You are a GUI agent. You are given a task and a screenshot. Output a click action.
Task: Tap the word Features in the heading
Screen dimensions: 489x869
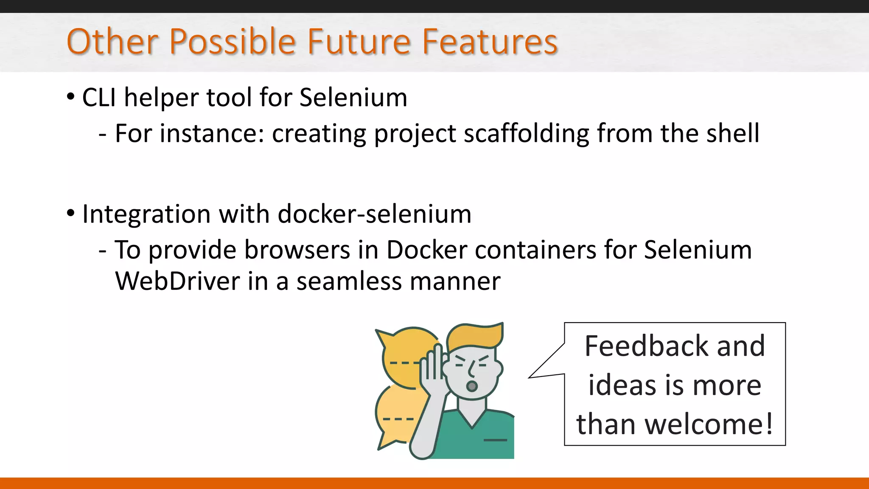[x=490, y=42]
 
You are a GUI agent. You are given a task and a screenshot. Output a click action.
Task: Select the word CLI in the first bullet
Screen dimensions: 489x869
[x=99, y=98]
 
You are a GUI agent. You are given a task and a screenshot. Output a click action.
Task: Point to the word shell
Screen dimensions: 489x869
[x=733, y=134]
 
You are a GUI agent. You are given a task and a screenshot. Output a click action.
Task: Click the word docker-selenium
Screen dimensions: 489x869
[x=374, y=214]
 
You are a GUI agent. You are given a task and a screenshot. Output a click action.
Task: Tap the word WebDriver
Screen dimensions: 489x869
[x=177, y=281]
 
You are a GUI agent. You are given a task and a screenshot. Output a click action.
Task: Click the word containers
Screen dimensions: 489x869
[x=536, y=250]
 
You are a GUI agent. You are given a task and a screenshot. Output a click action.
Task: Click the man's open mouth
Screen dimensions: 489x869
[x=471, y=386]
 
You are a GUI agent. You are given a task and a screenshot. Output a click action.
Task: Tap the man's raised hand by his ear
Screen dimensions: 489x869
[x=432, y=365]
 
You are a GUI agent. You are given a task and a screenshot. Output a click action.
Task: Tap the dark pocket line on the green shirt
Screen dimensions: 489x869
[x=495, y=440]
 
